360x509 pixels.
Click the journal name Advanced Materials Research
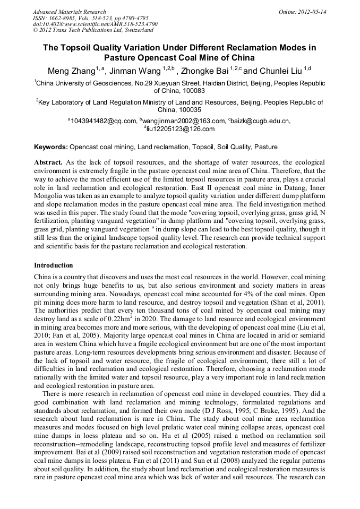click(x=69, y=12)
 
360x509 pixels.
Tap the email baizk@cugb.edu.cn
click(x=261, y=121)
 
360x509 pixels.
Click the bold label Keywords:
click(x=51, y=146)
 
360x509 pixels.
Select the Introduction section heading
click(x=53, y=265)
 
